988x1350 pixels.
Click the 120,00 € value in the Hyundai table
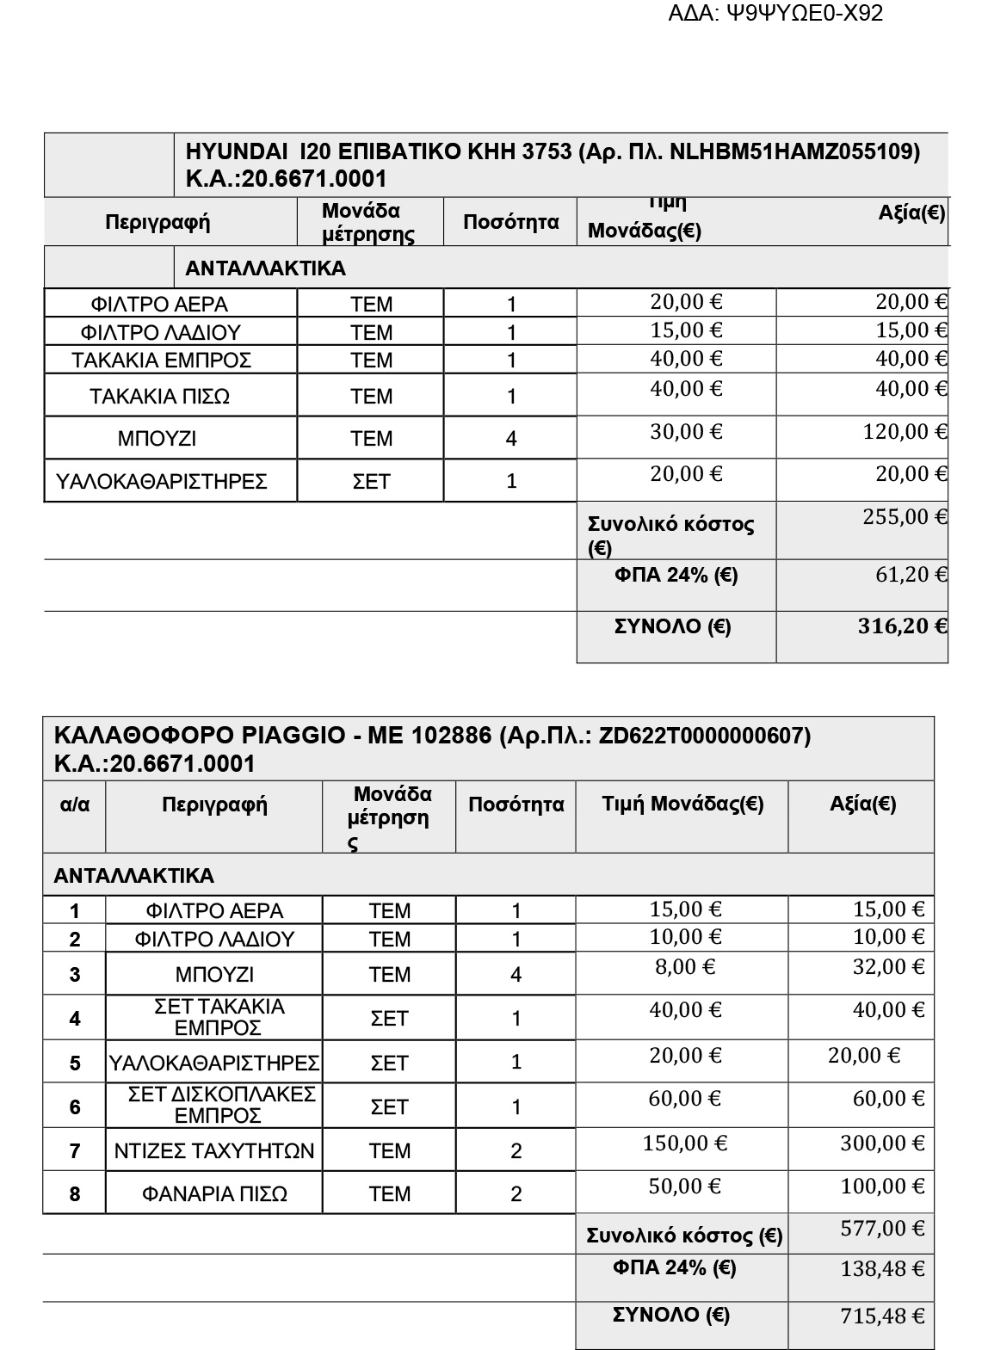tap(905, 432)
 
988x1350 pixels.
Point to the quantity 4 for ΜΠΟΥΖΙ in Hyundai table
tap(511, 439)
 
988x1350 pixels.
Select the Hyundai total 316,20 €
tap(902, 626)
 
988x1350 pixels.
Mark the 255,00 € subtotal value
tap(905, 517)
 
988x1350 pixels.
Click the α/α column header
tap(75, 805)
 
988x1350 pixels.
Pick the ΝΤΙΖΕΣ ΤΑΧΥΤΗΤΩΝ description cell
tap(214, 1151)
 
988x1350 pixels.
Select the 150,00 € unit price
tap(685, 1143)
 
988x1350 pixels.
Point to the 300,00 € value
tap(882, 1143)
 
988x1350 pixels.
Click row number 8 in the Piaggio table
tap(75, 1194)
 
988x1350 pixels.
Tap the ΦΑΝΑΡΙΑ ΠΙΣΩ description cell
tap(214, 1194)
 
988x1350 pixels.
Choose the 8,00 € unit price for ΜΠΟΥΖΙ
tap(685, 967)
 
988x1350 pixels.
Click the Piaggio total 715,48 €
tap(882, 1316)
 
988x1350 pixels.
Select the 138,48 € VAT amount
tap(882, 1269)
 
